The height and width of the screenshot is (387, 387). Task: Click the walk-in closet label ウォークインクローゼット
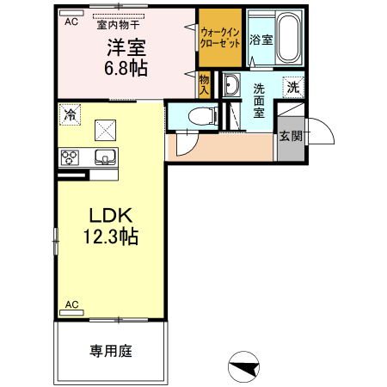[x=219, y=36]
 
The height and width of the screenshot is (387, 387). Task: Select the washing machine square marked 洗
[x=293, y=87]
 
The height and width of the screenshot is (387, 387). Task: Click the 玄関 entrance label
[x=290, y=136]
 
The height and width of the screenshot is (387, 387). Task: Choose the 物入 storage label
[x=204, y=83]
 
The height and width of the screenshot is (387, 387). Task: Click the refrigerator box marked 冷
[x=69, y=113]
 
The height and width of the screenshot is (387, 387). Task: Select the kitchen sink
[x=104, y=157]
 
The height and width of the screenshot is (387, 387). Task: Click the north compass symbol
[x=243, y=367]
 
